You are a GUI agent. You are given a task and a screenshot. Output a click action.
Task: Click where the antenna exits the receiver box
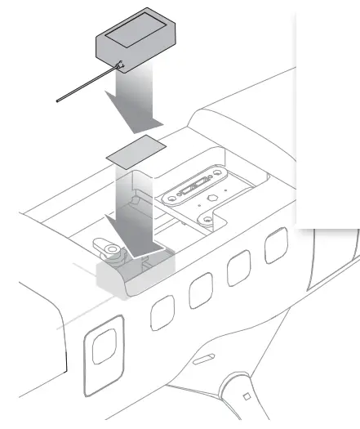120,65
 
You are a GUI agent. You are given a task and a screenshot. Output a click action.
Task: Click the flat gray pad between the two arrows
136,153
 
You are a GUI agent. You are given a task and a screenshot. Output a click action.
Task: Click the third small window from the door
239,268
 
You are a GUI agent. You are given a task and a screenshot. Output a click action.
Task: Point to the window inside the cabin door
104,349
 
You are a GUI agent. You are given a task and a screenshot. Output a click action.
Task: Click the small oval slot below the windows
202,359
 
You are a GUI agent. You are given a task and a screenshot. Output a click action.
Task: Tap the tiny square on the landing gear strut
246,396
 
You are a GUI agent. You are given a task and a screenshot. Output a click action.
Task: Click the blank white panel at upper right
327,114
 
